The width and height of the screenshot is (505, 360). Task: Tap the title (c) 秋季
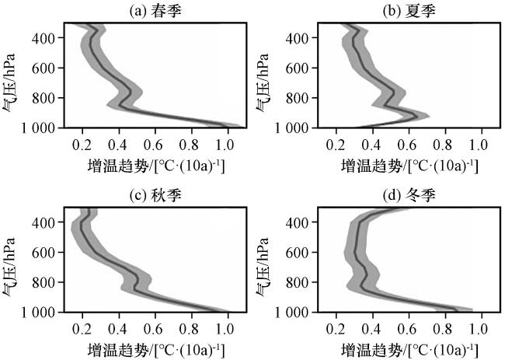pyautogui.click(x=155, y=194)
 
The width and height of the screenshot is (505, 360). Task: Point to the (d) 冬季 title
pyautogui.click(x=409, y=194)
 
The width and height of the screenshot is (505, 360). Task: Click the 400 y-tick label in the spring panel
pyautogui.click(x=44, y=38)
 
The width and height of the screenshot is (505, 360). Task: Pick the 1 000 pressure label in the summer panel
pyautogui.click(x=291, y=128)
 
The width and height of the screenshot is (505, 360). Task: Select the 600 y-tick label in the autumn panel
pyautogui.click(x=44, y=253)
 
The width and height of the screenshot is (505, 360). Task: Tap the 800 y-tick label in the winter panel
pyautogui.click(x=298, y=282)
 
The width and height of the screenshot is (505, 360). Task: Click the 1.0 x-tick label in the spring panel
pyautogui.click(x=225, y=145)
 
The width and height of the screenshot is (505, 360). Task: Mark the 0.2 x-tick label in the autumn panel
pyautogui.click(x=82, y=329)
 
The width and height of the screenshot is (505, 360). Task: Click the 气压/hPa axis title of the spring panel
pyautogui.click(x=9, y=82)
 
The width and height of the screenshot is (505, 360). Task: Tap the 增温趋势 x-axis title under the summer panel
pyautogui.click(x=409, y=166)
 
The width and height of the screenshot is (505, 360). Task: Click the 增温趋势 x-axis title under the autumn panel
pyautogui.click(x=156, y=351)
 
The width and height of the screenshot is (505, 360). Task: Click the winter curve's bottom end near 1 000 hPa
pyautogui.click(x=457, y=310)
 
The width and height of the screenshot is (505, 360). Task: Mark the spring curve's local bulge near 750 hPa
pyautogui.click(x=131, y=92)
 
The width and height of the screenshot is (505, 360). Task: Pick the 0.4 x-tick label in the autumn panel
pyautogui.click(x=117, y=329)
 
